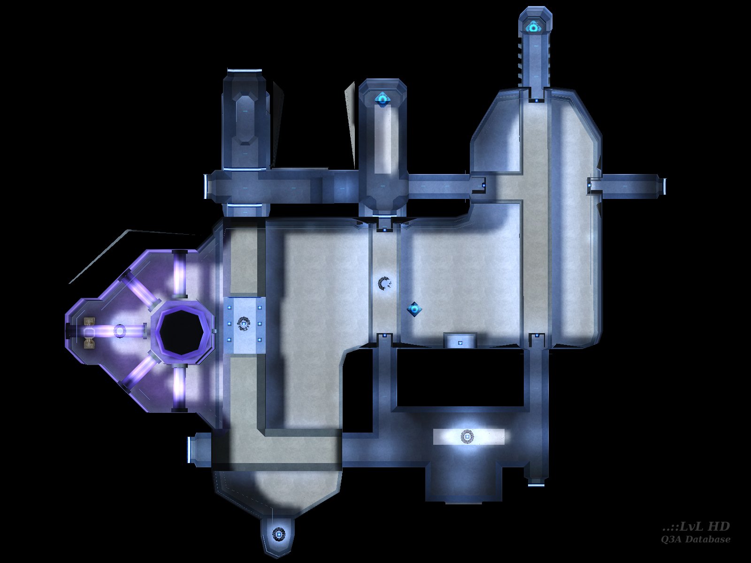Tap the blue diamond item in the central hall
click(x=414, y=309)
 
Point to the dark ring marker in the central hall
click(x=385, y=283)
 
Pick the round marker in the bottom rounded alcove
click(x=278, y=533)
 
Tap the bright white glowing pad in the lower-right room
click(x=468, y=436)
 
